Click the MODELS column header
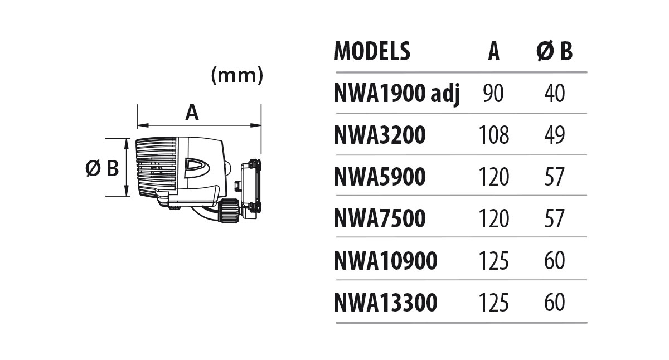(x=372, y=51)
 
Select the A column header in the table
(x=493, y=51)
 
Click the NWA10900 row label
(x=385, y=261)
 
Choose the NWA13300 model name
(x=385, y=303)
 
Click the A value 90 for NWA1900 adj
(x=493, y=94)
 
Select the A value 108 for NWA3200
(x=493, y=135)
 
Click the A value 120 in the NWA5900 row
(x=493, y=177)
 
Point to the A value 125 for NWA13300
(x=493, y=303)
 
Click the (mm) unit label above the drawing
(x=237, y=76)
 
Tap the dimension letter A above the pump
(x=192, y=113)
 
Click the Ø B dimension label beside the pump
(x=103, y=168)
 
